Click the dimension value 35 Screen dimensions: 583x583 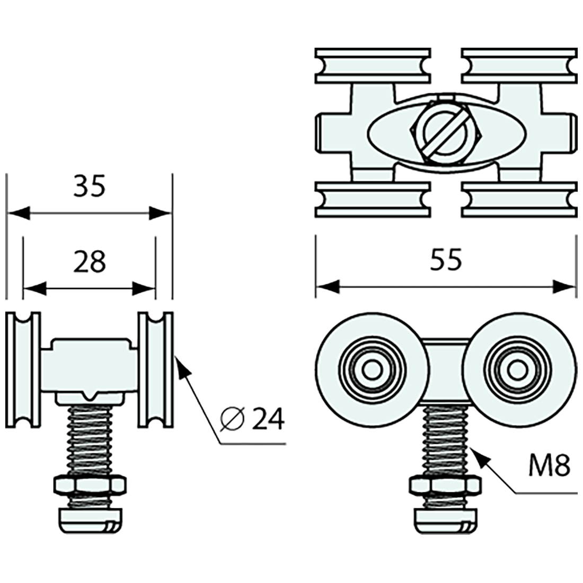tap(90, 187)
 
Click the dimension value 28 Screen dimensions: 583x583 tap(90, 262)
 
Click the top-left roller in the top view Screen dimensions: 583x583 tap(372, 66)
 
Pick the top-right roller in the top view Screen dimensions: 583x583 tap(519, 66)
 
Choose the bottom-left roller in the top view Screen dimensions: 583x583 tap(372, 200)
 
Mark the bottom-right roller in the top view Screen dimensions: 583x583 tap(519, 200)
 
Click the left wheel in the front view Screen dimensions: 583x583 tap(23, 369)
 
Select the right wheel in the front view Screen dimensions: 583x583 tap(155, 369)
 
